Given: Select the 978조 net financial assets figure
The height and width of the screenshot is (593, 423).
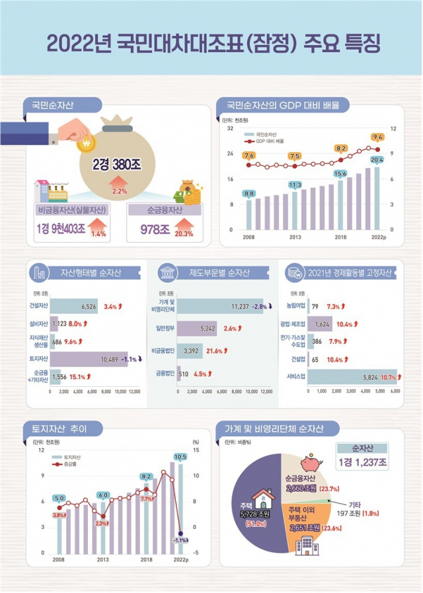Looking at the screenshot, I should click(x=156, y=229).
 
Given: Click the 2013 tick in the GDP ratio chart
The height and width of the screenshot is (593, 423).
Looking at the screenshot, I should click(x=295, y=237).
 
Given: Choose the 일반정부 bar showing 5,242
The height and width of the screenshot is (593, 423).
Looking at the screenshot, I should click(x=198, y=328).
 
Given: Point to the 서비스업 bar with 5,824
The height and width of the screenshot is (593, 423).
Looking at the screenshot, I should click(x=351, y=377).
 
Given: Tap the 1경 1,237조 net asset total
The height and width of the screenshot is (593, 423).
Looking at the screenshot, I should click(x=362, y=461).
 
